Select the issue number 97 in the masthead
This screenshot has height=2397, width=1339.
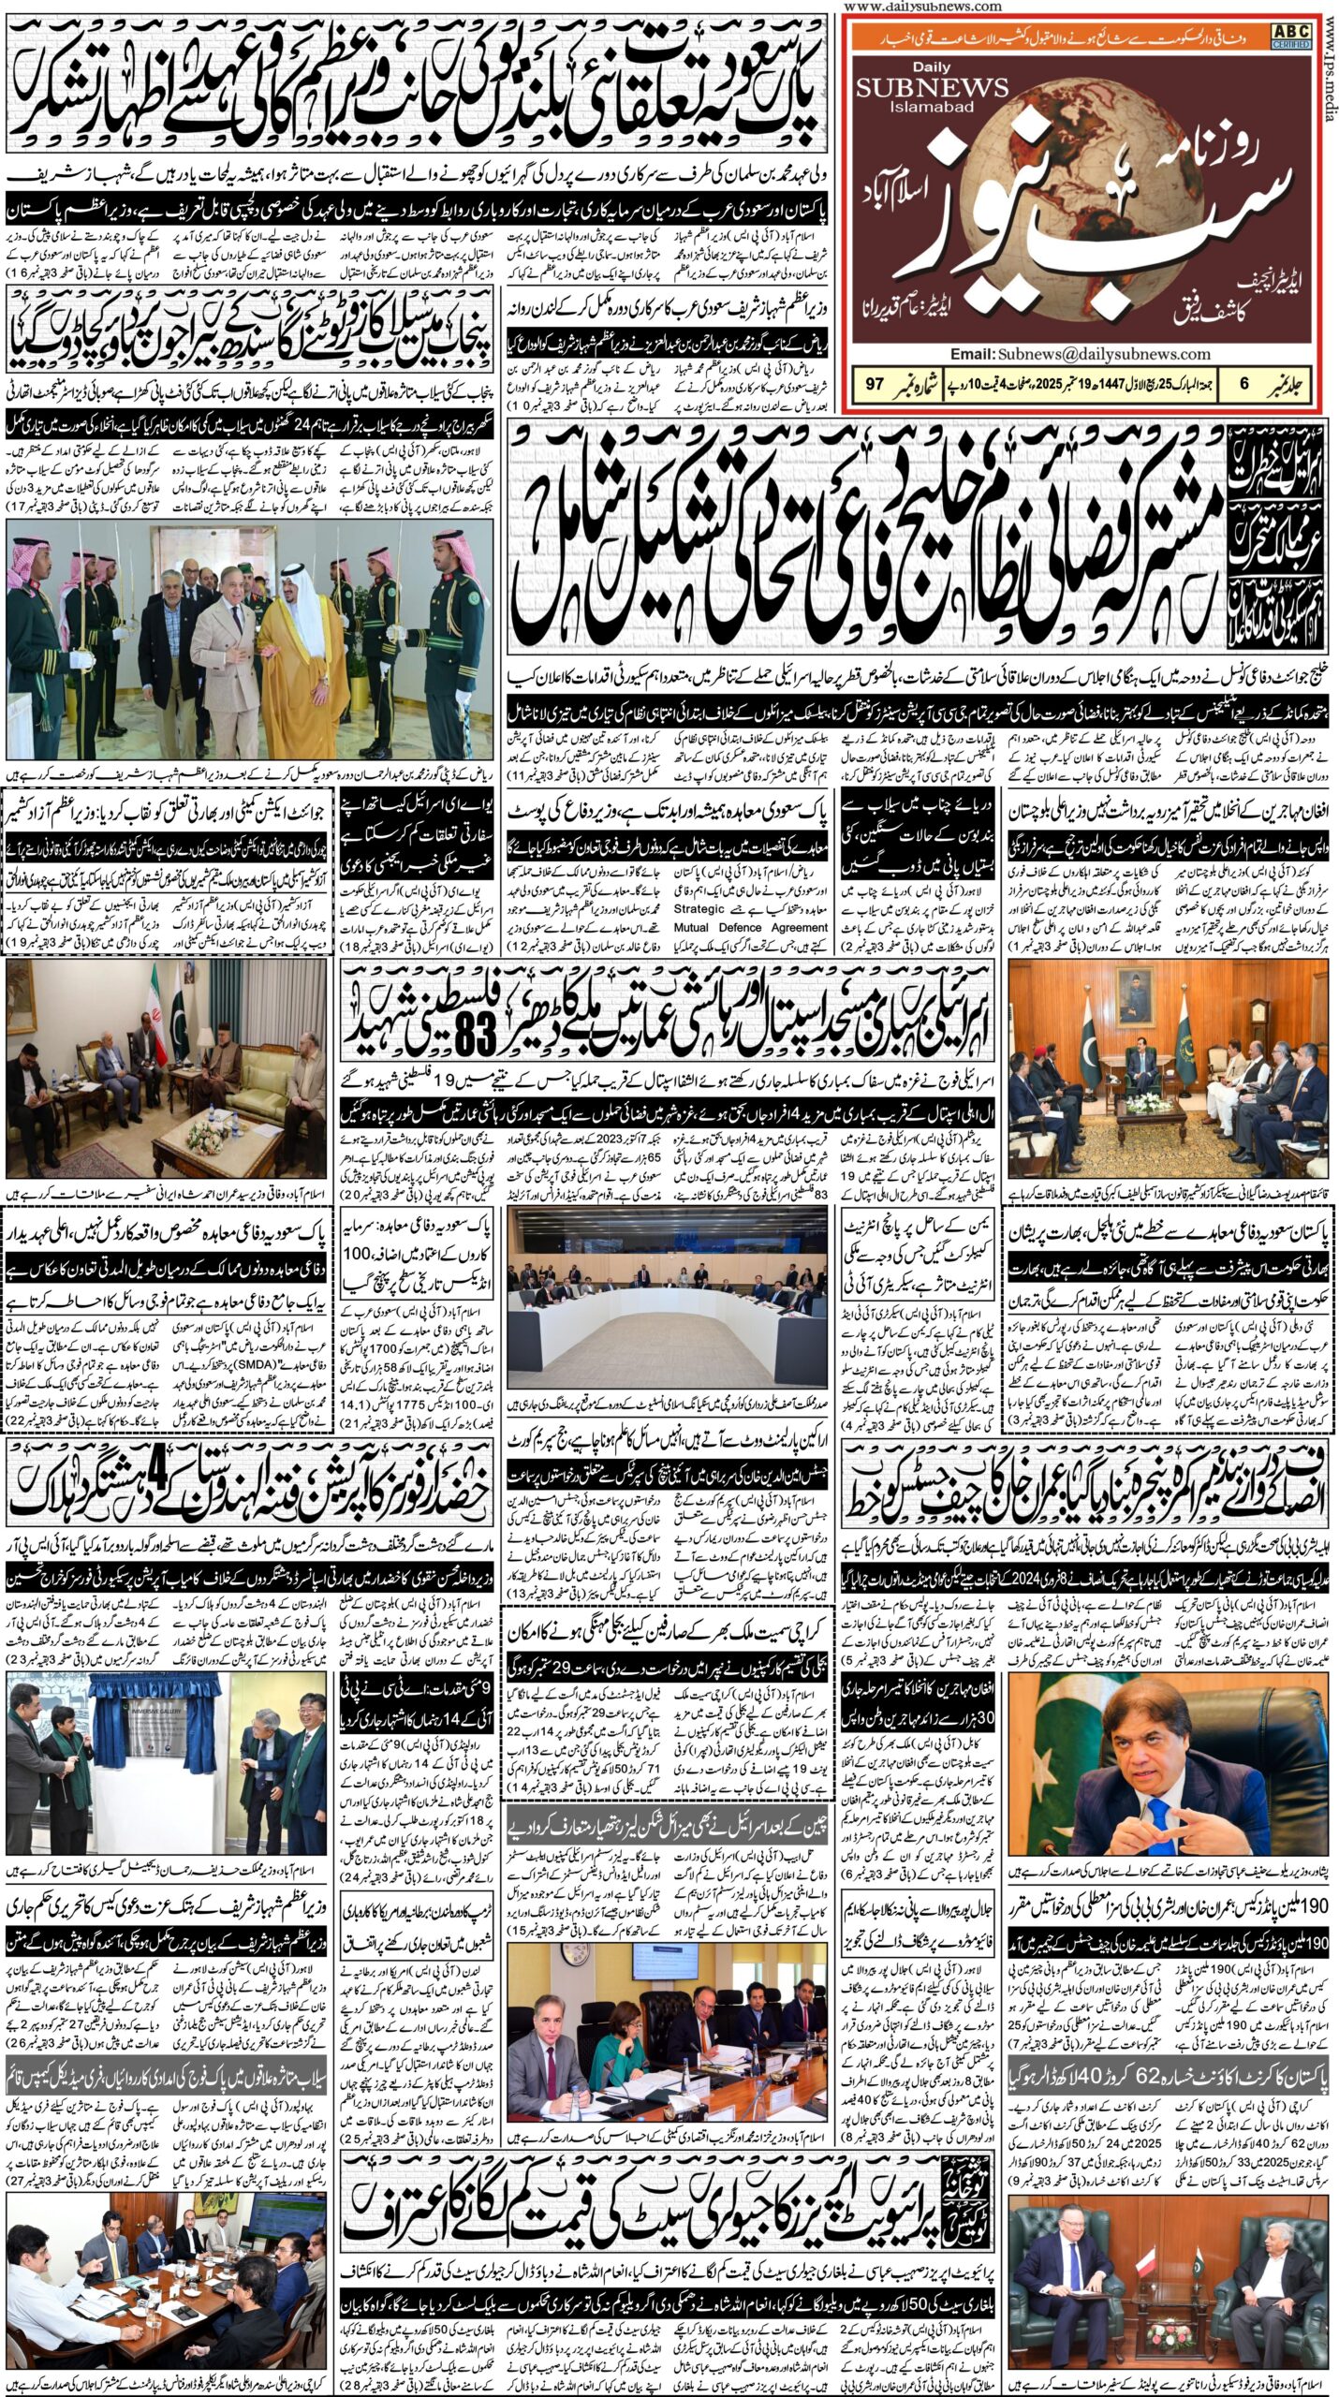pyautogui.click(x=875, y=383)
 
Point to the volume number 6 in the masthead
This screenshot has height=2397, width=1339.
pyautogui.click(x=1243, y=383)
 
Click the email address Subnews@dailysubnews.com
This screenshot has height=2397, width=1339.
pyautogui.click(x=1080, y=354)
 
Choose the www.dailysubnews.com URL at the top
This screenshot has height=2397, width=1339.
pyautogui.click(x=922, y=7)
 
